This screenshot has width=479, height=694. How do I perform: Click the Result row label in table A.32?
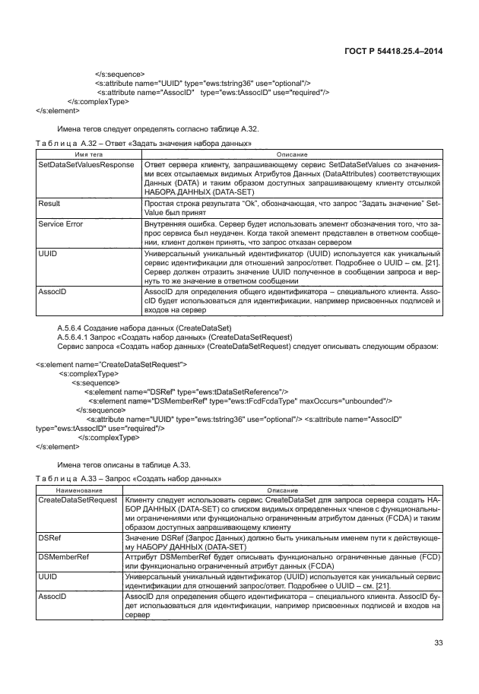(49, 204)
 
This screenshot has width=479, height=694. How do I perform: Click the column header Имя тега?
(87, 154)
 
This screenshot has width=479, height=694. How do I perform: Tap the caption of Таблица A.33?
(128, 478)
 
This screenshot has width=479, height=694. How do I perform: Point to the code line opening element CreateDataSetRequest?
(112, 365)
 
